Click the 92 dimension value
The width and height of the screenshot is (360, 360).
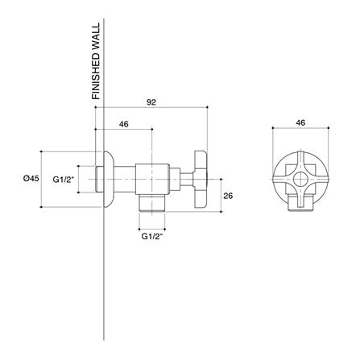151,102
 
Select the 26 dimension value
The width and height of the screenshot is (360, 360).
228,196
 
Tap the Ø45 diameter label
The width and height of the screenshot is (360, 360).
31,178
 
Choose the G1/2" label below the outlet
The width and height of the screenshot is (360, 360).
152,237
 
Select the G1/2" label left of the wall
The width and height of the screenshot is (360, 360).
64,180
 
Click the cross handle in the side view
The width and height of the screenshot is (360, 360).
201,180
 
